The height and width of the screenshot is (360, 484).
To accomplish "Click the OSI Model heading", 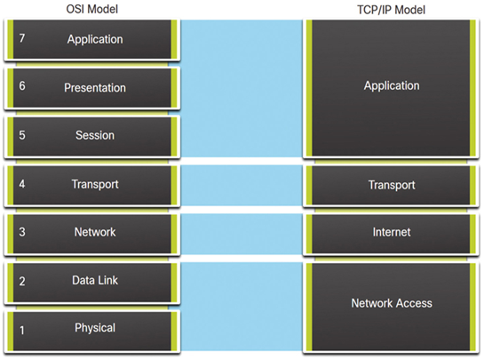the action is (92, 9).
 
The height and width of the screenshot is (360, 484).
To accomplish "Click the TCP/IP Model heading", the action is (391, 10).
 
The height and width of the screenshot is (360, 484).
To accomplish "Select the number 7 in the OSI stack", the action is (22, 38).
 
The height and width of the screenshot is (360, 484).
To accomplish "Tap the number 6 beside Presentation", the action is (22, 86).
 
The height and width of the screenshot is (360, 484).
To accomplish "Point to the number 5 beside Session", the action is (22, 135).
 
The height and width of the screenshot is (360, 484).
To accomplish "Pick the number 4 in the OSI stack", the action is (22, 184).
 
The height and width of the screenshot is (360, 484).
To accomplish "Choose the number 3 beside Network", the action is (22, 232).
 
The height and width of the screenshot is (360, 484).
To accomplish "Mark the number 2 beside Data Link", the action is (22, 281).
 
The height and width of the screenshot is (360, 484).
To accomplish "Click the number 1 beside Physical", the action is (22, 331).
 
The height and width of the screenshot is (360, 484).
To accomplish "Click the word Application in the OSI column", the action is (95, 39).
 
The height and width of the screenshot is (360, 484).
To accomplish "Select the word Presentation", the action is (95, 88).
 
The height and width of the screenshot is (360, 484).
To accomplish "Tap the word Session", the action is (95, 135).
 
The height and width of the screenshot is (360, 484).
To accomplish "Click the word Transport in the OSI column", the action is (95, 185).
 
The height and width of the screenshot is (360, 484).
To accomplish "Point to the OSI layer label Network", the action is (95, 232).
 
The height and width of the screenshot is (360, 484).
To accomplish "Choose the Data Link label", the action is (95, 280).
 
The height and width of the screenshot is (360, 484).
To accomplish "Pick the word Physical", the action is (95, 328).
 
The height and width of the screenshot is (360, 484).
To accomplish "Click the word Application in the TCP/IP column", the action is (392, 86).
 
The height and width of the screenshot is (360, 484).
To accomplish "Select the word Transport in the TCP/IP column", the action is (392, 185).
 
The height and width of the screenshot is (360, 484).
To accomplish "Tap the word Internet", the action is (392, 232).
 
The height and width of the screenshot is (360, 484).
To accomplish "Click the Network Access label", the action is (392, 303).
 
